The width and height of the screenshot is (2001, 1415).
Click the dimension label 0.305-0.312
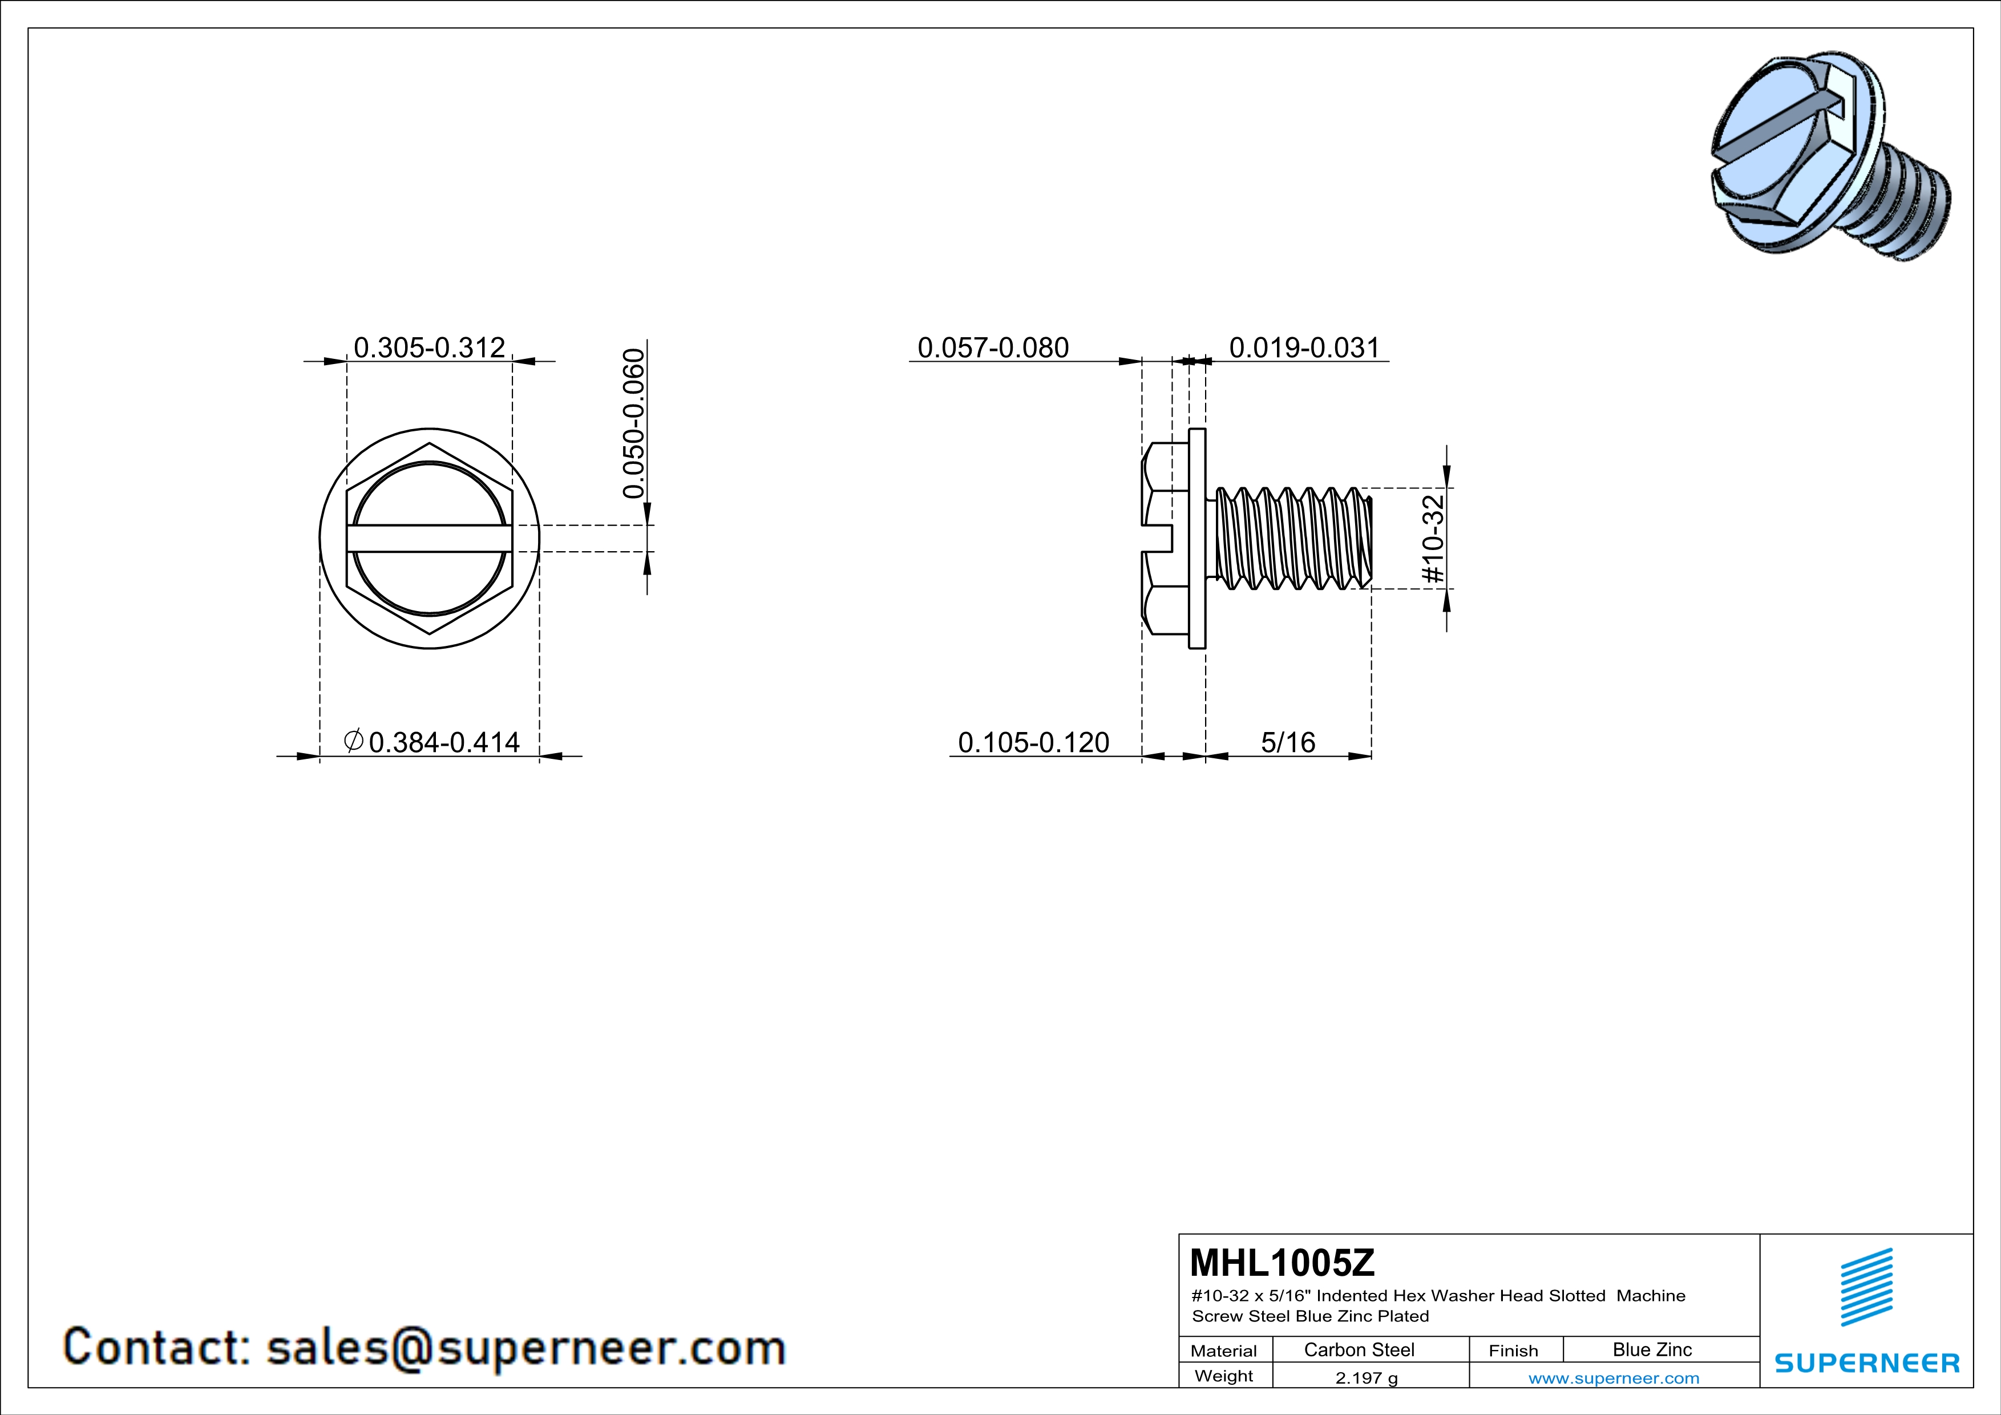pos(429,347)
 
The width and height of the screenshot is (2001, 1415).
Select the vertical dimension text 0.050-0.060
pos(634,423)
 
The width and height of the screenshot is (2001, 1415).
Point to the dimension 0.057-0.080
pos(993,347)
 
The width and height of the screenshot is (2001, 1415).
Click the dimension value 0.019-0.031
pos(1305,347)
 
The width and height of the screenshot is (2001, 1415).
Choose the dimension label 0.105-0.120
pos(1034,742)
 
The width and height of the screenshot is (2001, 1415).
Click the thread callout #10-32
pos(1433,539)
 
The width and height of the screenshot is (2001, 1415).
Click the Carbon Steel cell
pos(1359,1349)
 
